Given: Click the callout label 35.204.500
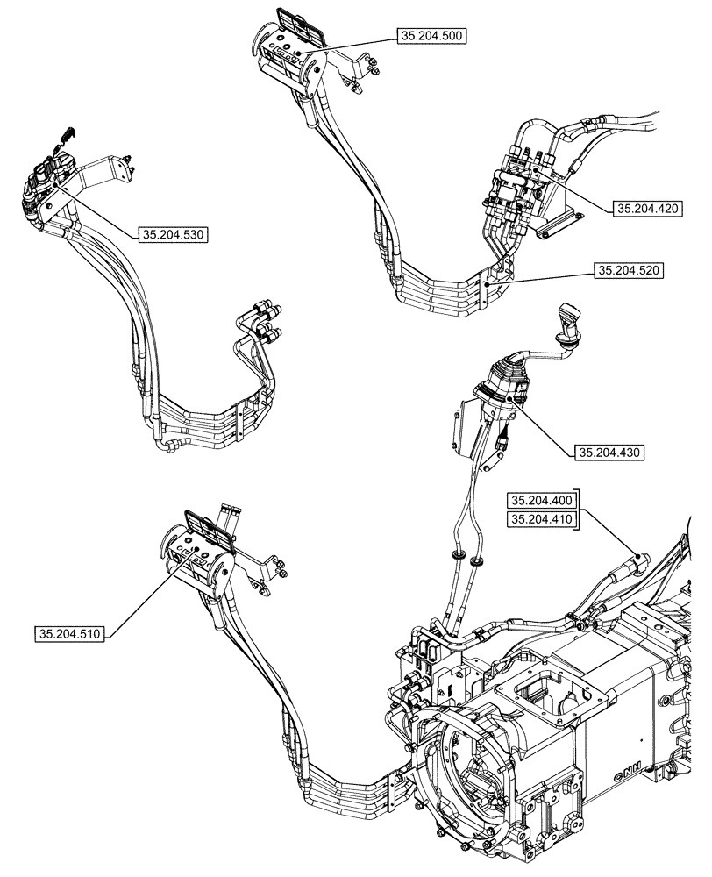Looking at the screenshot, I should [432, 36].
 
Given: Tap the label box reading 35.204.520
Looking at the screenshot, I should [629, 271].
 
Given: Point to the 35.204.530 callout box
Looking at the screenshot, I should [173, 234].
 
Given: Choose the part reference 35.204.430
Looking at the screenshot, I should [609, 453].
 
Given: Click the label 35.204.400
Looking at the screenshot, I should [541, 501].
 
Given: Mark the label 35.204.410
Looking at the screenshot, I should [541, 519].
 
